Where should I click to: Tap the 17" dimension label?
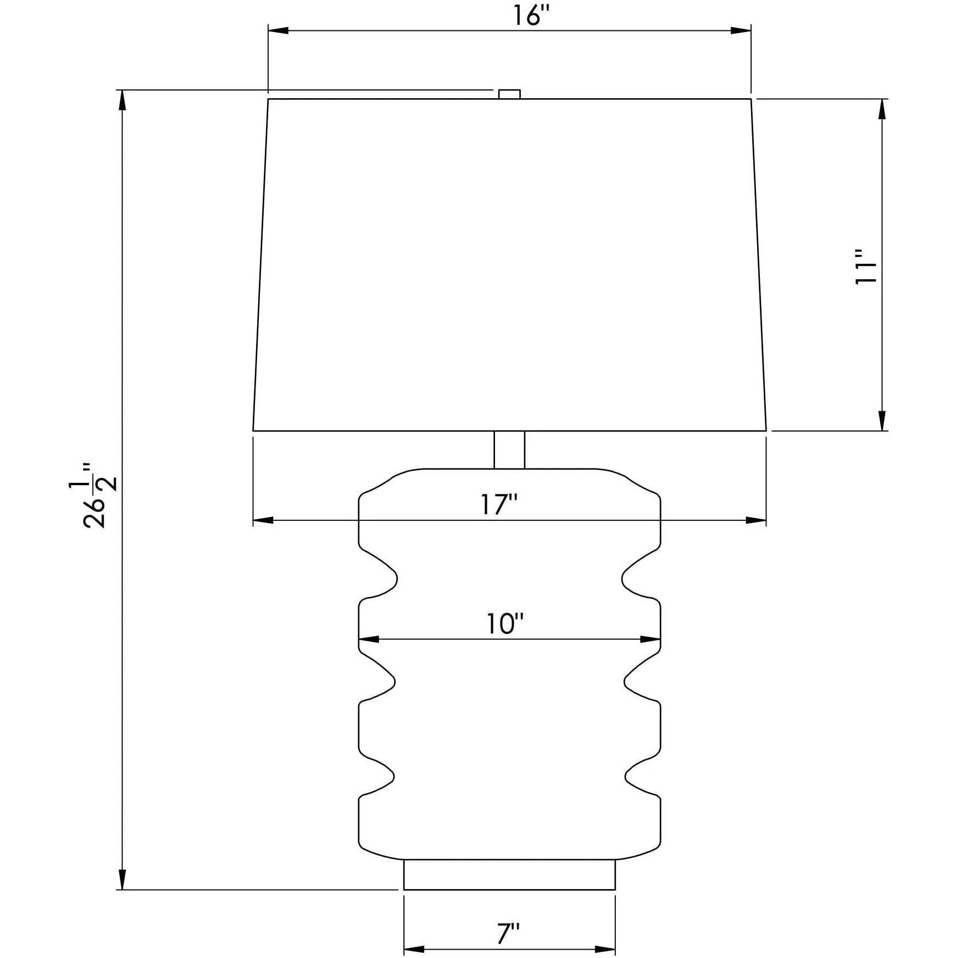[498, 504]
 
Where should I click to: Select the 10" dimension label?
[505, 624]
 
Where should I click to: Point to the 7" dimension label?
[508, 934]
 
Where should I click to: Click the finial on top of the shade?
[509, 94]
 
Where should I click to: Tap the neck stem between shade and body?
[509, 449]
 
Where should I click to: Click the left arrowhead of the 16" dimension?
[279, 30]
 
